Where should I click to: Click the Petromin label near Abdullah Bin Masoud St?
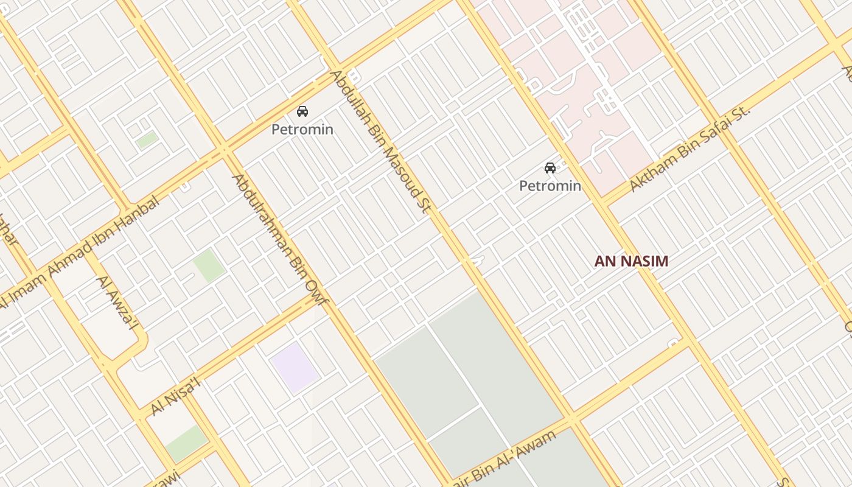click(x=302, y=130)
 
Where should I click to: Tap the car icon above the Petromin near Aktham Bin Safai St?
click(x=550, y=168)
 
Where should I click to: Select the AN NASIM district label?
click(x=631, y=261)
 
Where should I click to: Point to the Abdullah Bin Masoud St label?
click(x=380, y=141)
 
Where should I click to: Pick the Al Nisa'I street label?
click(x=175, y=396)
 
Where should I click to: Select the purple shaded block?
click(x=295, y=367)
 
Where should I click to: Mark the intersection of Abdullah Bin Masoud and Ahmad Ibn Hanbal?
click(x=336, y=66)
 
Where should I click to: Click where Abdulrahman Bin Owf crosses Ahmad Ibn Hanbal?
click(x=223, y=149)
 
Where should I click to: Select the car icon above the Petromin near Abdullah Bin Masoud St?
click(x=302, y=111)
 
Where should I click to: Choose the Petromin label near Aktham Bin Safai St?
click(x=550, y=186)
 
